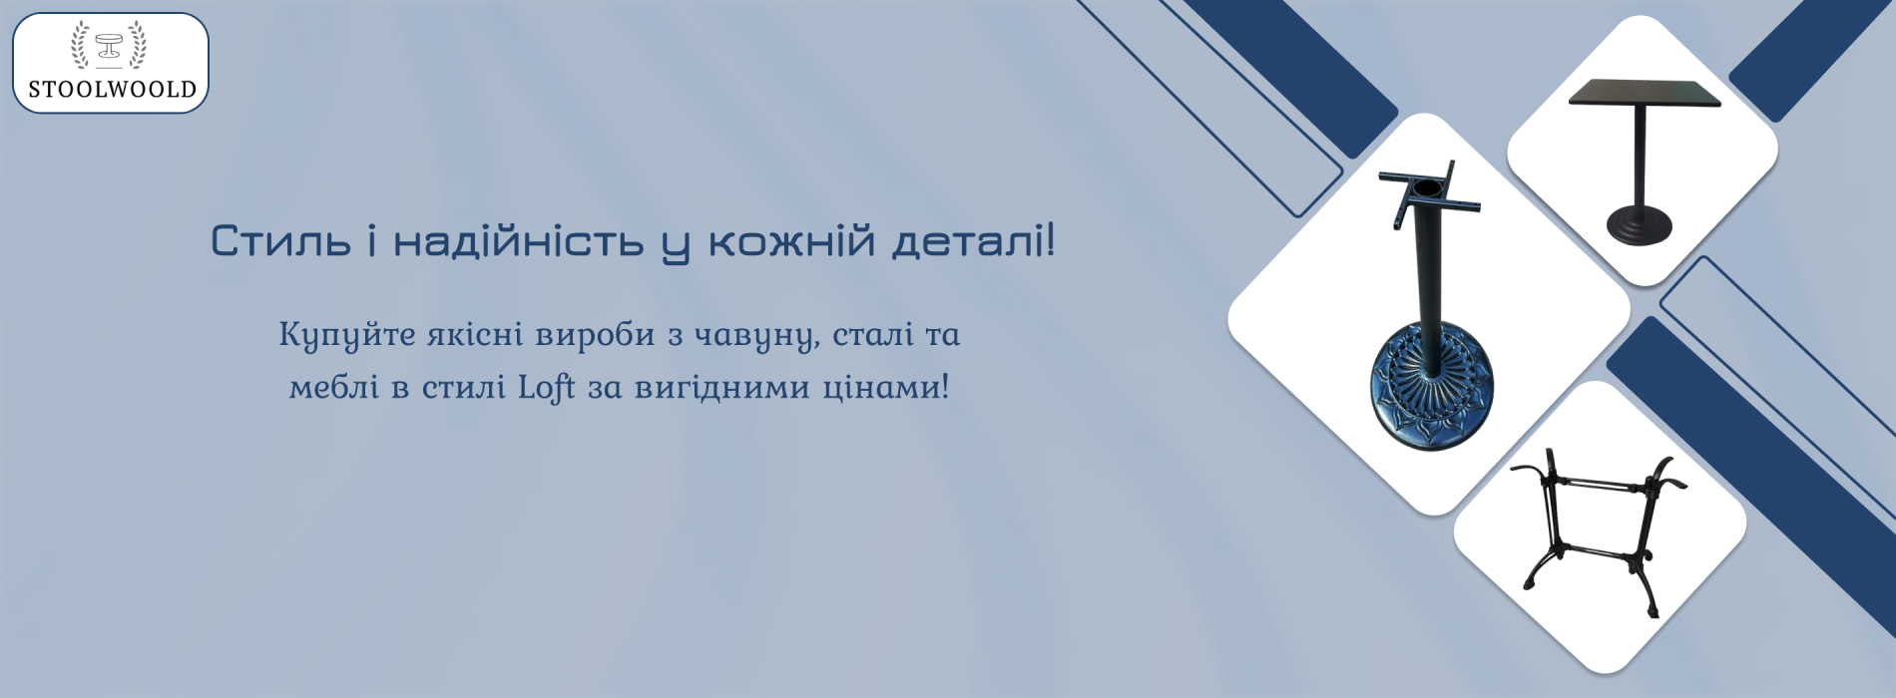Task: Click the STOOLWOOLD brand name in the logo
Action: [x=112, y=89]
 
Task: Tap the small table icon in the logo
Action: [x=109, y=46]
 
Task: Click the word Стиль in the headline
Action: [x=280, y=242]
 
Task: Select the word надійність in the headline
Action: [x=518, y=240]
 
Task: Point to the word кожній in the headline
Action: [x=791, y=240]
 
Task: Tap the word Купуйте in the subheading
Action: [x=347, y=335]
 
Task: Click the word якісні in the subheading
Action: [x=475, y=334]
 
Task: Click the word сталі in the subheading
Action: [x=873, y=334]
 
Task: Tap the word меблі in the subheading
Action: [x=334, y=386]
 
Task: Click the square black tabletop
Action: [x=1645, y=93]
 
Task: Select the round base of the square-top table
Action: [x=1639, y=226]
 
